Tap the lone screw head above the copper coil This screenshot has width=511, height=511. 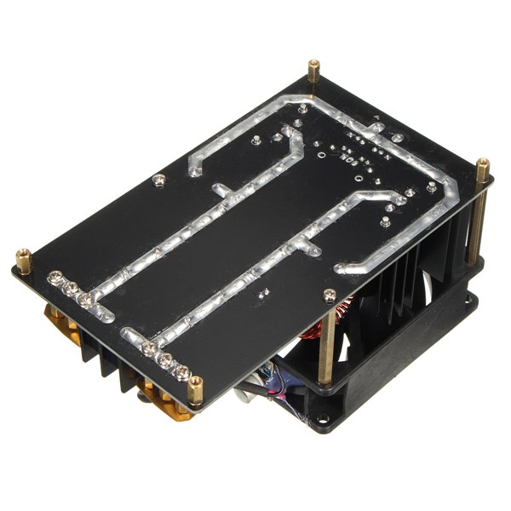[x=329, y=294]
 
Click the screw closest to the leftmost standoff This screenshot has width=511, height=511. [x=55, y=276]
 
